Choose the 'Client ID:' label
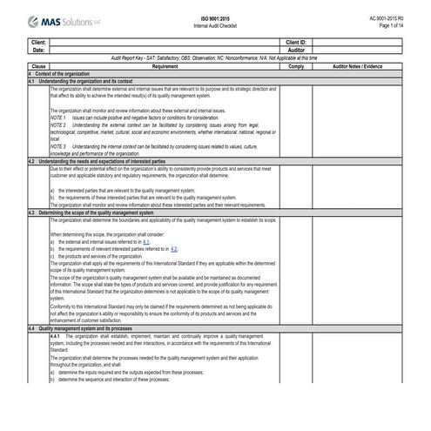(x=295, y=42)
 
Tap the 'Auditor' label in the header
(x=295, y=50)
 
